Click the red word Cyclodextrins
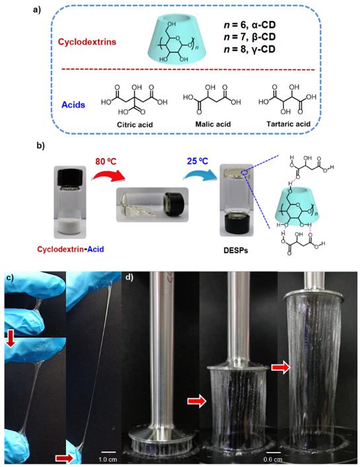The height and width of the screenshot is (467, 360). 87,42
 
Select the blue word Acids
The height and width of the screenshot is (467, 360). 73,105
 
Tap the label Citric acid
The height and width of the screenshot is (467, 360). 135,124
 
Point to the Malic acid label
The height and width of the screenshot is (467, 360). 213,124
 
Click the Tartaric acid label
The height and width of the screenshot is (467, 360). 288,124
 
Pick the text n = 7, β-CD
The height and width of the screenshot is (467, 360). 250,36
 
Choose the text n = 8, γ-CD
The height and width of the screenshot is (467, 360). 250,49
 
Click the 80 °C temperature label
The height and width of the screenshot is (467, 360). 106,161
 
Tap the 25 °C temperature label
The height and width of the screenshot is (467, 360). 198,161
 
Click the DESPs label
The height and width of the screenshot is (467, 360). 236,250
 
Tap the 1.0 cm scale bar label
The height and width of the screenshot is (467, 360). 108,459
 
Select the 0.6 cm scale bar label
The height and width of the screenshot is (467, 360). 273,459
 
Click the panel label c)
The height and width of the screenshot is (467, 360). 11,278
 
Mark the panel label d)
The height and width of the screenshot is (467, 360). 129,277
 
